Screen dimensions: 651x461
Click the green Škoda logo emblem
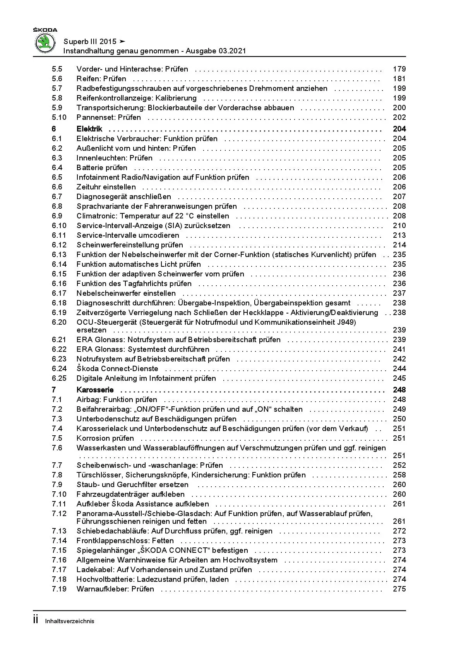(x=45, y=43)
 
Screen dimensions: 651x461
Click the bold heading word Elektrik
(x=89, y=129)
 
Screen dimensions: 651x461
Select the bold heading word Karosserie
(x=95, y=390)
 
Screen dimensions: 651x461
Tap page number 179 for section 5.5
(x=399, y=69)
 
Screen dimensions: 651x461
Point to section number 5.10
(x=59, y=118)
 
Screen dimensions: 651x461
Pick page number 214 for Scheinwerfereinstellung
(x=399, y=245)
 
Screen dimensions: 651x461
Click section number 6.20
(x=59, y=322)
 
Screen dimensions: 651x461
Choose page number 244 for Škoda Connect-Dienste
(x=399, y=369)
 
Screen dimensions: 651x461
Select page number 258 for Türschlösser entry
(x=399, y=475)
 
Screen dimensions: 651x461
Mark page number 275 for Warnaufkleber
(x=399, y=589)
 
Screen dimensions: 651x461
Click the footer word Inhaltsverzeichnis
(x=70, y=622)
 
